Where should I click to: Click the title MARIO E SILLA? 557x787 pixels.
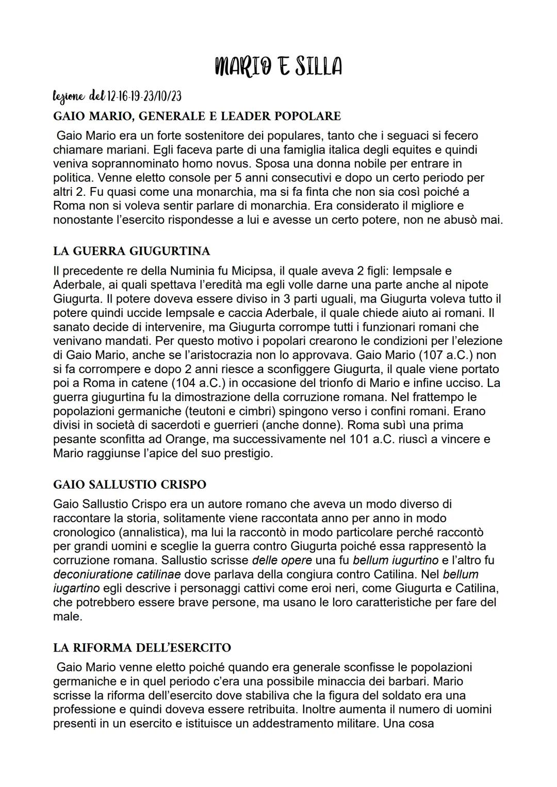(278, 66)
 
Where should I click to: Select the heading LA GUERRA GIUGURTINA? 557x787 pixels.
(132, 251)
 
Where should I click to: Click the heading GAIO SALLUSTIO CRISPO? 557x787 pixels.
(129, 484)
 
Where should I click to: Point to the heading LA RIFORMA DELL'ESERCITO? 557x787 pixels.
(142, 647)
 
